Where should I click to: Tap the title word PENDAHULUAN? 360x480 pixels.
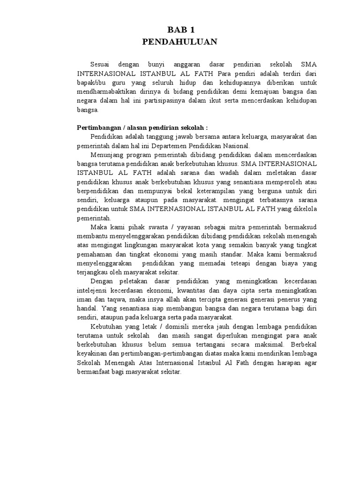pyautogui.click(x=180, y=42)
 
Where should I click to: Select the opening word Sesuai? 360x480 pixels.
pyautogui.click(x=101, y=64)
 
